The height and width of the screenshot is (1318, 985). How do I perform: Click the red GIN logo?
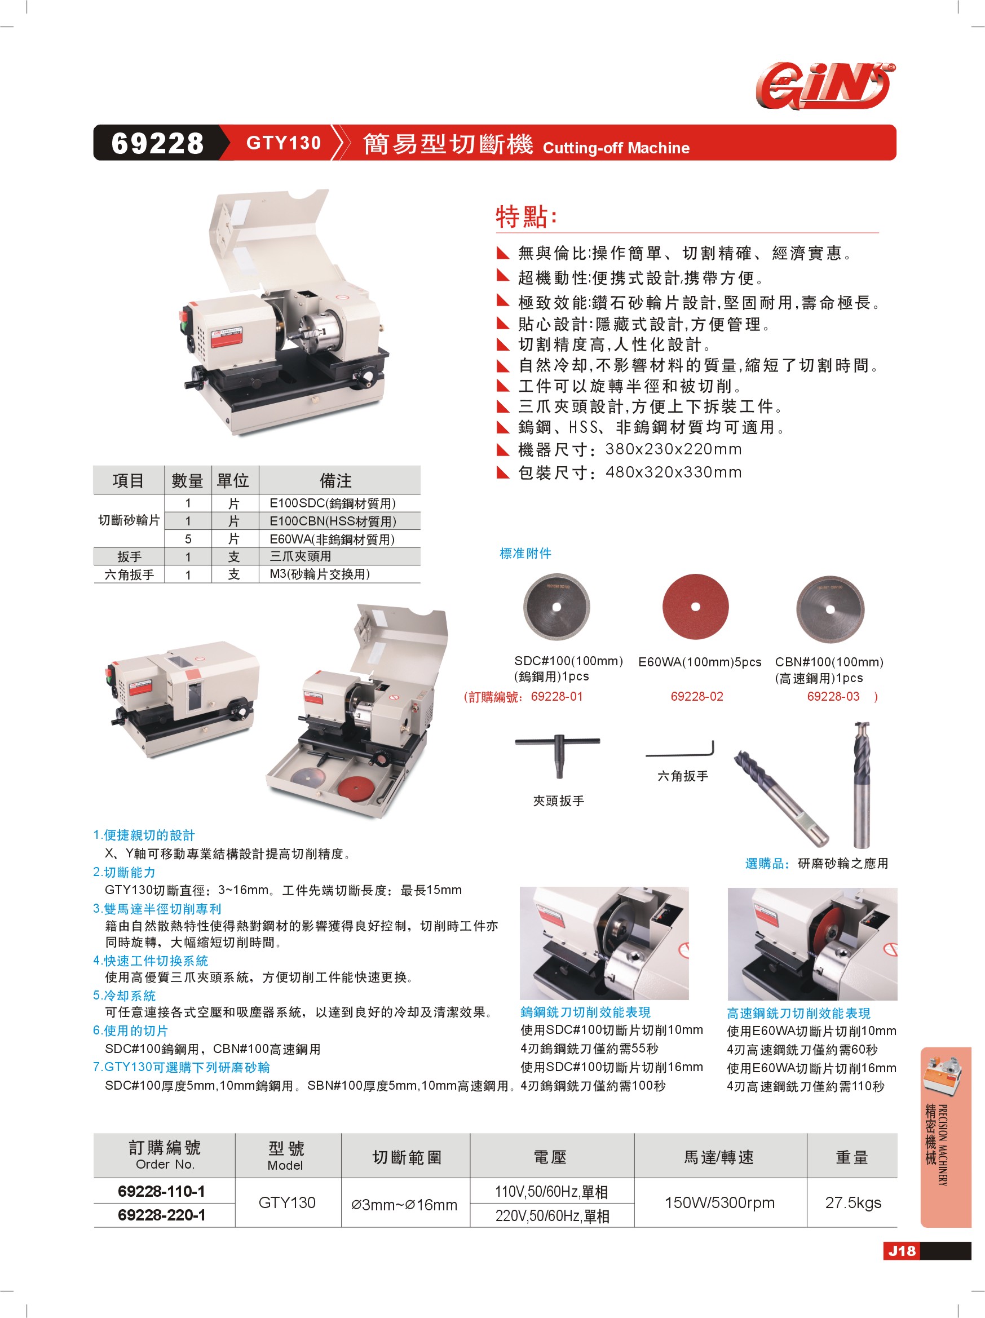click(x=825, y=86)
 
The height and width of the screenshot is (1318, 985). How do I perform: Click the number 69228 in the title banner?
click(x=157, y=144)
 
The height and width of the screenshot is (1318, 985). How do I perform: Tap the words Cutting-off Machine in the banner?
click(x=616, y=148)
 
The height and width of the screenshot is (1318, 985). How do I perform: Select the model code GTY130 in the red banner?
click(x=284, y=143)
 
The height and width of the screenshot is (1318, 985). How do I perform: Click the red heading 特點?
click(x=526, y=216)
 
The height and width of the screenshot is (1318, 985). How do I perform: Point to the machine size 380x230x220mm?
click(x=673, y=449)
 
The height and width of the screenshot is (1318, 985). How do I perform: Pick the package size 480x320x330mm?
click(x=673, y=472)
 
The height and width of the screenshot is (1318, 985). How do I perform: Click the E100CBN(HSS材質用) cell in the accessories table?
click(x=333, y=521)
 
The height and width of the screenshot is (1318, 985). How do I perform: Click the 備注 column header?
click(x=335, y=480)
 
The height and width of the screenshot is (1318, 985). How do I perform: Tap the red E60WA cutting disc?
click(x=695, y=607)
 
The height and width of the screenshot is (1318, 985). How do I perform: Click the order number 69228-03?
click(x=833, y=696)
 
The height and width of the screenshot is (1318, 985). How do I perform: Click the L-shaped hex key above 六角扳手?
click(x=681, y=750)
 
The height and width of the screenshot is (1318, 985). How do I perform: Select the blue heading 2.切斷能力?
click(x=124, y=872)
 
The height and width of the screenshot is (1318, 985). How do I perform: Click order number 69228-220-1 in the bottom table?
click(x=161, y=1215)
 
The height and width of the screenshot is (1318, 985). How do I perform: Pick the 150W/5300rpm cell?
click(x=720, y=1202)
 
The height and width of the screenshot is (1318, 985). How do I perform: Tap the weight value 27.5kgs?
click(x=853, y=1202)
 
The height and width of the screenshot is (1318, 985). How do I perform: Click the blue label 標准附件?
click(x=525, y=554)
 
